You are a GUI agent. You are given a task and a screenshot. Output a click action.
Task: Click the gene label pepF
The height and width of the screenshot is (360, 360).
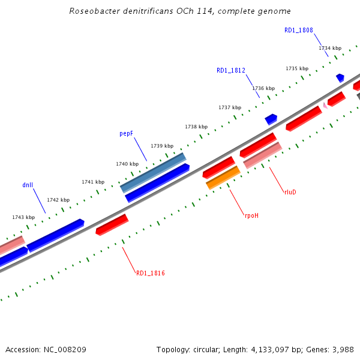click(x=126, y=134)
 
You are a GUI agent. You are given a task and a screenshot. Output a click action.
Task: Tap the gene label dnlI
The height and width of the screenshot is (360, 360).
click(x=28, y=185)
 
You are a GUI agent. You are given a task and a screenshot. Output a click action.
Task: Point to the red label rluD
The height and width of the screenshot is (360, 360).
click(x=290, y=192)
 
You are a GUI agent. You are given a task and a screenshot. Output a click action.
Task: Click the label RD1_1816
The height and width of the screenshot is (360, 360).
click(x=150, y=273)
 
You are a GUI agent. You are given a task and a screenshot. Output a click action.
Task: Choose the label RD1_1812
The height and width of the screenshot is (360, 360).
click(x=231, y=70)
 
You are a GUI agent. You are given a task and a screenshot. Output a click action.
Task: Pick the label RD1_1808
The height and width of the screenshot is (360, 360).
click(x=299, y=30)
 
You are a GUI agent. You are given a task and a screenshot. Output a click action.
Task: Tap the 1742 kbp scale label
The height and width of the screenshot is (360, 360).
click(x=58, y=200)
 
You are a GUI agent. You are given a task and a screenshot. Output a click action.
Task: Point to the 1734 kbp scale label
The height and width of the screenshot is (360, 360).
click(x=330, y=48)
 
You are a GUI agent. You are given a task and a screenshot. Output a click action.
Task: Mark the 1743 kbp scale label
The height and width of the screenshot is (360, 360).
click(x=23, y=217)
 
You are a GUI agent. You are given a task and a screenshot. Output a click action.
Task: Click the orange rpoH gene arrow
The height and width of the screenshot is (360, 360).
click(x=223, y=178)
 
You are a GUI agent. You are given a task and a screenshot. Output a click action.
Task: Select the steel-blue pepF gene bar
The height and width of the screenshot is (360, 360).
click(x=153, y=172)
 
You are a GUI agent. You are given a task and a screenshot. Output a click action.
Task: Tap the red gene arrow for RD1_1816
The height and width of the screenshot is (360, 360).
click(x=112, y=224)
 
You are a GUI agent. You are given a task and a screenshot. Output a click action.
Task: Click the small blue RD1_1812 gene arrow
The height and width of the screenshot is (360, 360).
click(x=271, y=119)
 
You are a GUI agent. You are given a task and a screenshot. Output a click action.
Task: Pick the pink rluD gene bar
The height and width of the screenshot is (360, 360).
click(x=262, y=155)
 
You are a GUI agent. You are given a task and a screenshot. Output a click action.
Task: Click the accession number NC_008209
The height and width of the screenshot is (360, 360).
click(x=65, y=349)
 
